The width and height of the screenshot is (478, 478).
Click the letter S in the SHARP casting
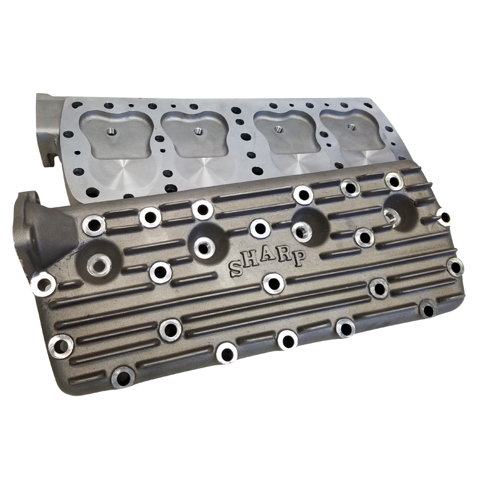[236, 269]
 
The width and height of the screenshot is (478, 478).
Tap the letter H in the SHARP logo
[249, 261]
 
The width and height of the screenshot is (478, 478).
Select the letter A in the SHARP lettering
[265, 257]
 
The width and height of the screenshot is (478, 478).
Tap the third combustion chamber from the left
[283, 131]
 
